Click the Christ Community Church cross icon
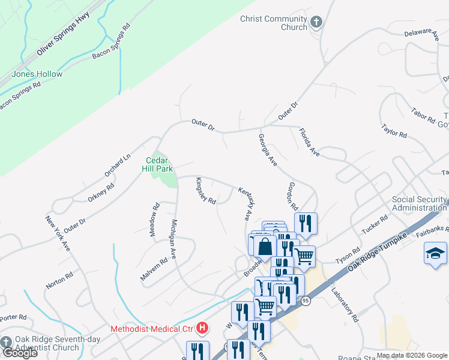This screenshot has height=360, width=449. [316, 23]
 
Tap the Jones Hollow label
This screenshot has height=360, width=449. [37, 74]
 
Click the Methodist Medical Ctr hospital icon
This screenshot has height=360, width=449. [203, 328]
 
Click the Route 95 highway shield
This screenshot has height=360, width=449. [306, 301]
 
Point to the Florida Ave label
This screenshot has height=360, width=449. [310, 142]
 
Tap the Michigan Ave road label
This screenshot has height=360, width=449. [173, 239]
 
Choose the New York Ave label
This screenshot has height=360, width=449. [58, 232]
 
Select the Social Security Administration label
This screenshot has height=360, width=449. [420, 203]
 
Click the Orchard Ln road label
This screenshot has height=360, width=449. [117, 166]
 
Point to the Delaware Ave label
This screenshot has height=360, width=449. [421, 34]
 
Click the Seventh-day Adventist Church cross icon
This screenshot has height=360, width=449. [7, 341]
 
